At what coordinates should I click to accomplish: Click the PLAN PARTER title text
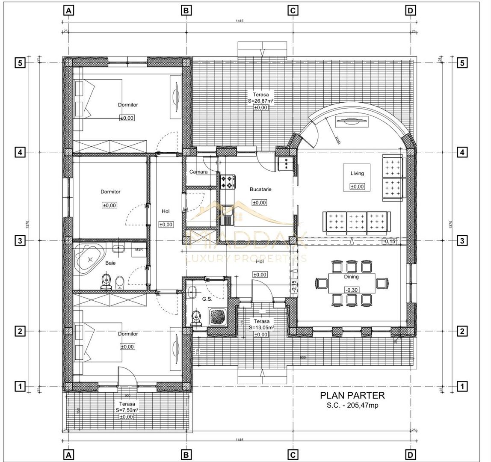pyautogui.click(x=352, y=396)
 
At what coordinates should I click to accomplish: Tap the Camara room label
pyautogui.click(x=198, y=172)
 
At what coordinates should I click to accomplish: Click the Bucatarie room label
pyautogui.click(x=260, y=189)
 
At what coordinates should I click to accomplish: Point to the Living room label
pyautogui.click(x=357, y=173)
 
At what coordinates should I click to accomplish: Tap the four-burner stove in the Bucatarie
pyautogui.click(x=228, y=181)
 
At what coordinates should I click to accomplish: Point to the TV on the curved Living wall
pyautogui.click(x=351, y=121)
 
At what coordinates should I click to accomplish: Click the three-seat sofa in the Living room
pyautogui.click(x=356, y=222)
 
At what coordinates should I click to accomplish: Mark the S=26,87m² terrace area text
pyautogui.click(x=260, y=101)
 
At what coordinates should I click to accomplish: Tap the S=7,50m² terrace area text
pyautogui.click(x=127, y=410)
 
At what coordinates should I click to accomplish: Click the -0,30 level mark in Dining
pyautogui.click(x=352, y=290)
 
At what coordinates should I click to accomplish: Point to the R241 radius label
pyautogui.click(x=337, y=139)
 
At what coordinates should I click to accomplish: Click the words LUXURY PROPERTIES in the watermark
pyautogui.click(x=245, y=258)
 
